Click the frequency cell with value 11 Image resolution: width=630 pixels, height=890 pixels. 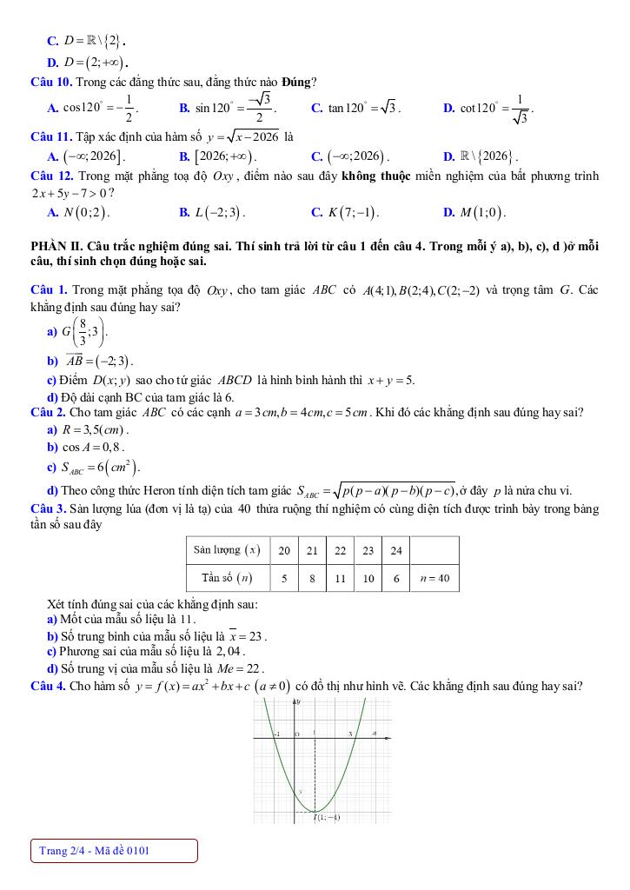[341, 578]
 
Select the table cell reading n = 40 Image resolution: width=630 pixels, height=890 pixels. [434, 578]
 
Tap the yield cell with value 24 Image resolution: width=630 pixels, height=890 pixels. [396, 549]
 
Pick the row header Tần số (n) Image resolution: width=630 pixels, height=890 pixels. [227, 578]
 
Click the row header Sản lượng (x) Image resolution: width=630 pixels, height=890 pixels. [227, 549]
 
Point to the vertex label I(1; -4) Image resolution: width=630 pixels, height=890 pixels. [326, 817]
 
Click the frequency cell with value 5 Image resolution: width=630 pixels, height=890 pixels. [284, 578]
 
